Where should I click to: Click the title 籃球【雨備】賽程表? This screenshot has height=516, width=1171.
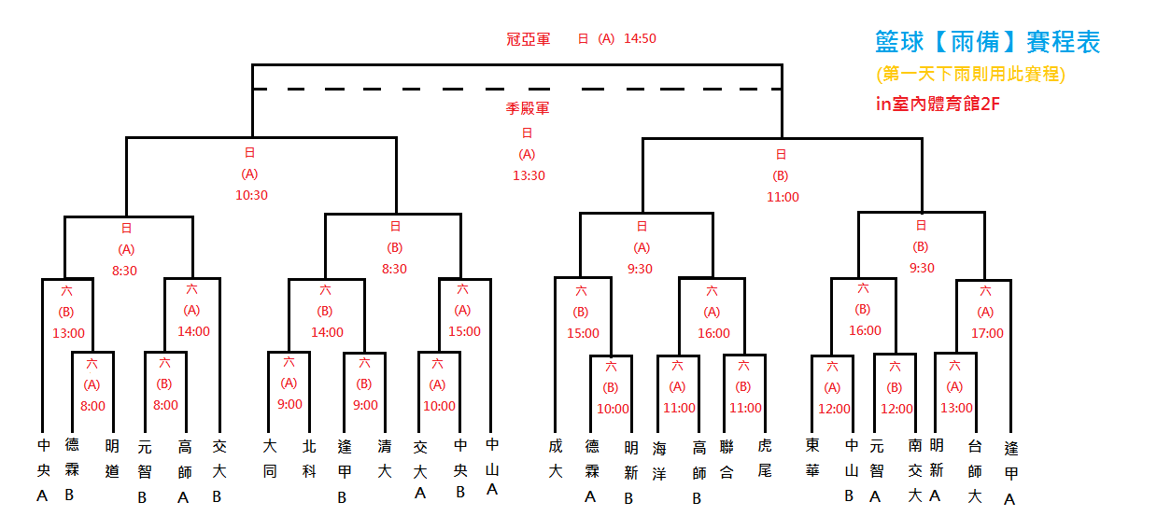988,42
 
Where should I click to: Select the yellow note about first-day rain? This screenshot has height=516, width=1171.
970,74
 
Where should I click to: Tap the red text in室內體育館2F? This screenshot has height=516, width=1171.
938,105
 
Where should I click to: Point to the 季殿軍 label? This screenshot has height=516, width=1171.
528,108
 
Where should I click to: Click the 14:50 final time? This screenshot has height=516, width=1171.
640,39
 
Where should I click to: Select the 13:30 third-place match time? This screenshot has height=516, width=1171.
529,175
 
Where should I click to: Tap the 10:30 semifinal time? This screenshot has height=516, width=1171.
250,196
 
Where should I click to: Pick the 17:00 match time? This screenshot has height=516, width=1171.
987,333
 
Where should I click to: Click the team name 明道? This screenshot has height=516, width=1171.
112,459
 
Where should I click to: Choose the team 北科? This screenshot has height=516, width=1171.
310,459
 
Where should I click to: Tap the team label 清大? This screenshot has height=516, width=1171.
384,459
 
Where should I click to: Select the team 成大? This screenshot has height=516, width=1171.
556,459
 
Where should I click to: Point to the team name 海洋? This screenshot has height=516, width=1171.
660,459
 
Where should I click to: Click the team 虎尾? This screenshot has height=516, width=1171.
765,459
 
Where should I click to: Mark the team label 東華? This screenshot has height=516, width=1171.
812,459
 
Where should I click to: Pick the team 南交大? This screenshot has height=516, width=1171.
915,470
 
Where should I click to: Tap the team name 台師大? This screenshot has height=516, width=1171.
975,470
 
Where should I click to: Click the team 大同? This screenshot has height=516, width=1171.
270,459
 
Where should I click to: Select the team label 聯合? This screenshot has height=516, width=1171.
727,459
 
